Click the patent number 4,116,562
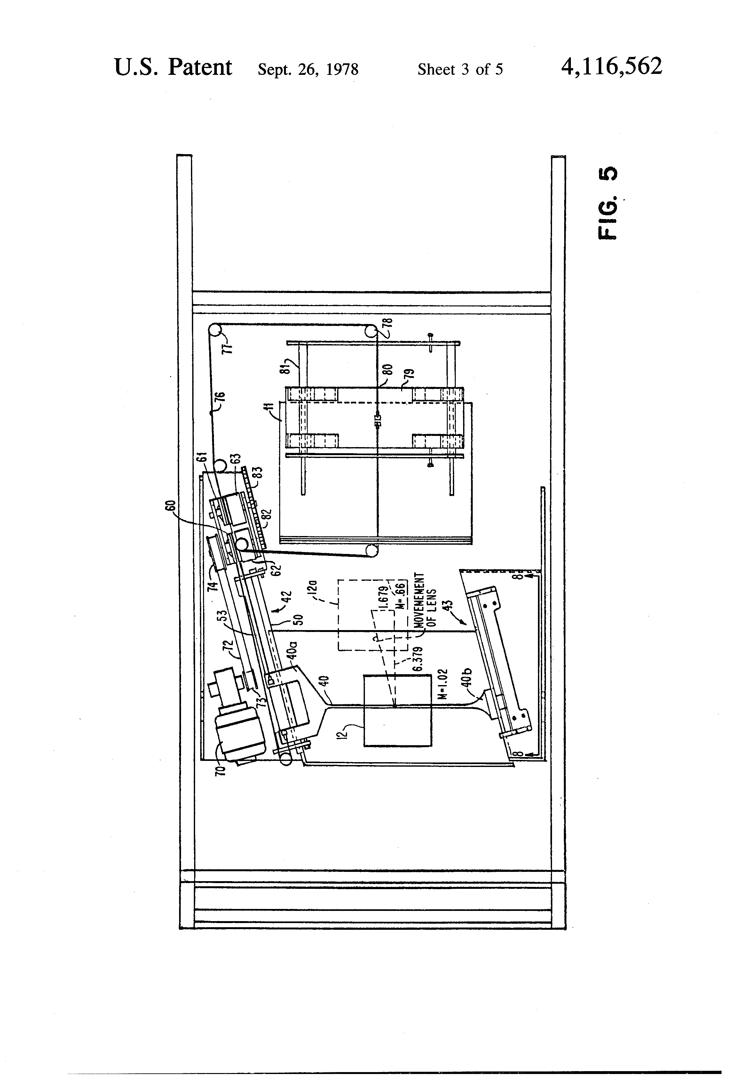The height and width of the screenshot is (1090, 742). (x=611, y=67)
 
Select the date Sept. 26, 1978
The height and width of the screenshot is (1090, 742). (x=308, y=69)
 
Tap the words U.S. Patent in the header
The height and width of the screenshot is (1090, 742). (x=173, y=67)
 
